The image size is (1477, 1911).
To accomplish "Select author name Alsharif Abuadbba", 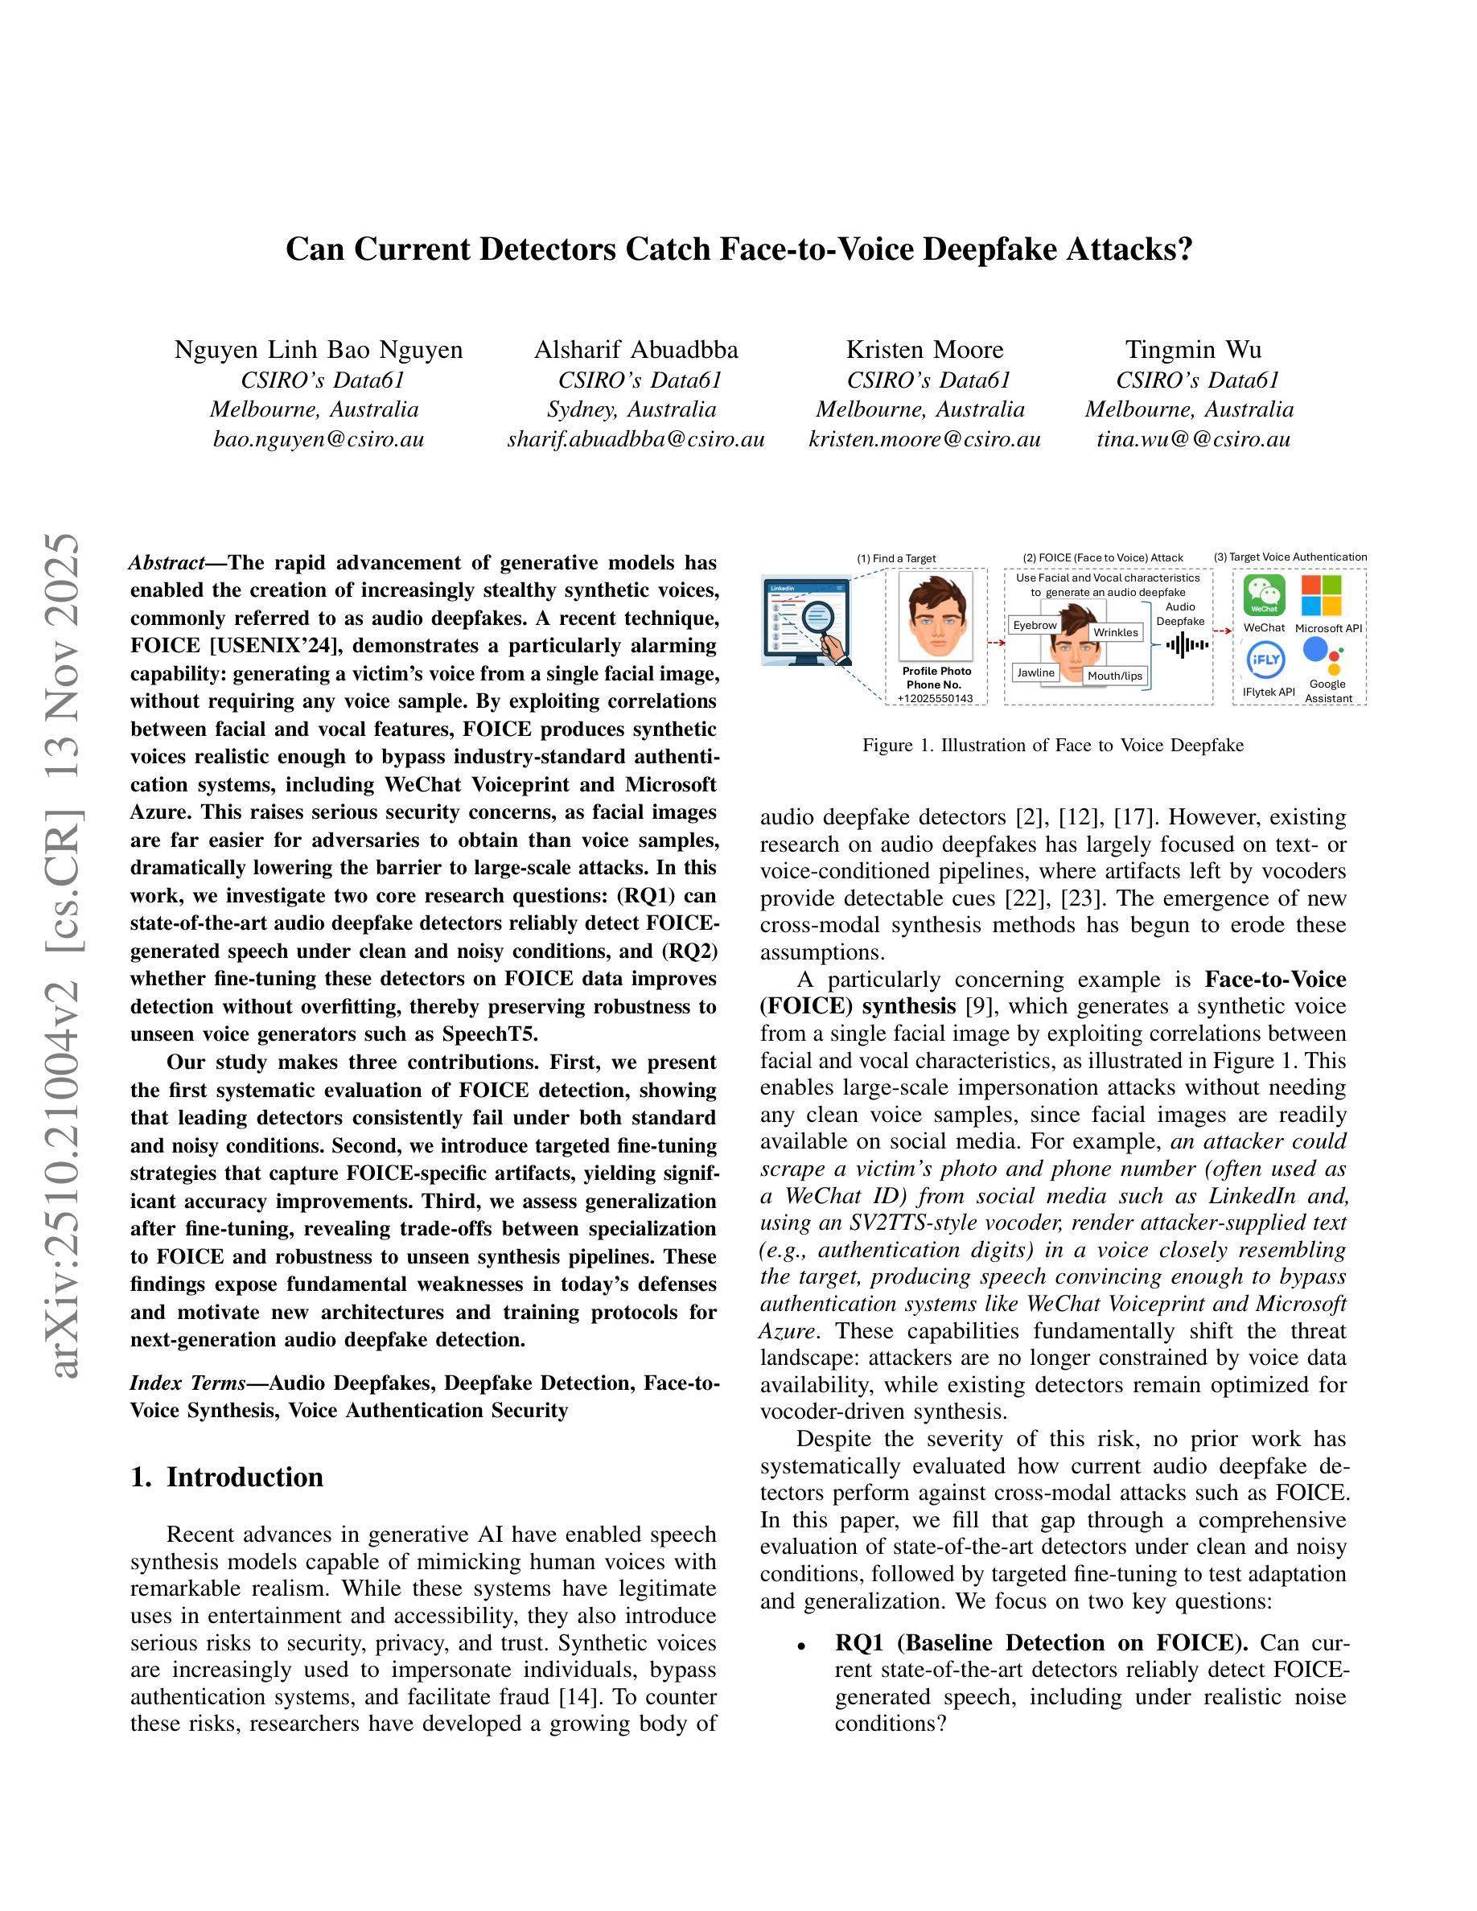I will pyautogui.click(x=636, y=350).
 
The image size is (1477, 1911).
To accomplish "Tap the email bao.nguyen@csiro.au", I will pyautogui.click(x=319, y=439).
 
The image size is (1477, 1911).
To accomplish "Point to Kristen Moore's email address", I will pyautogui.click(x=924, y=439).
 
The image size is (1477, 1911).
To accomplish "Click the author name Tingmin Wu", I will pyautogui.click(x=1193, y=350).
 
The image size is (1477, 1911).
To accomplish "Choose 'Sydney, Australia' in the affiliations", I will pyautogui.click(x=631, y=409).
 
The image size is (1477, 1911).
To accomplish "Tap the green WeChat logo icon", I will pyautogui.click(x=1264, y=596).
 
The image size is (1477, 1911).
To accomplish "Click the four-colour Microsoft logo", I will pyautogui.click(x=1321, y=595).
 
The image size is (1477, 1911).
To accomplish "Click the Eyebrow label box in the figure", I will pyautogui.click(x=1035, y=626).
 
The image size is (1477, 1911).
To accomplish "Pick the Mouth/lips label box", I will pyautogui.click(x=1115, y=676).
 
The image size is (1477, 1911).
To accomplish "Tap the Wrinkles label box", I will pyautogui.click(x=1116, y=631).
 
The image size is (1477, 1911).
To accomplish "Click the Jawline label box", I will pyautogui.click(x=1036, y=672).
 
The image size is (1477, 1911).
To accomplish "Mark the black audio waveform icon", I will pyautogui.click(x=1187, y=646).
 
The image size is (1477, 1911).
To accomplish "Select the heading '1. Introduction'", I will pyautogui.click(x=227, y=1477).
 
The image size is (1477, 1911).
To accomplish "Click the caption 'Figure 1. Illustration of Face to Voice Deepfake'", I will pyautogui.click(x=1051, y=746).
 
